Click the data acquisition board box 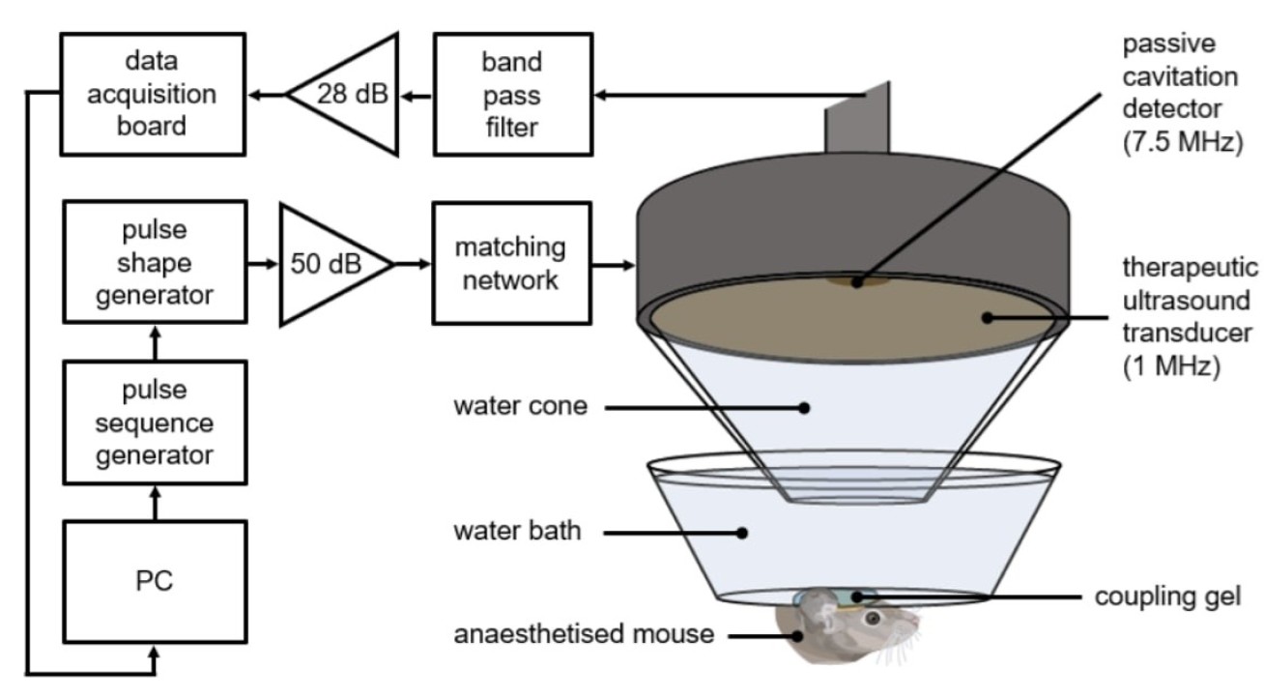[156, 95]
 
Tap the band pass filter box [512, 95]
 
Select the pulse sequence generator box [156, 422]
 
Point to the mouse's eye [872, 617]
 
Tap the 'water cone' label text [520, 406]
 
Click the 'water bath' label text [518, 531]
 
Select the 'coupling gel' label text [1167, 596]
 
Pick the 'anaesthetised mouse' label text [584, 635]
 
